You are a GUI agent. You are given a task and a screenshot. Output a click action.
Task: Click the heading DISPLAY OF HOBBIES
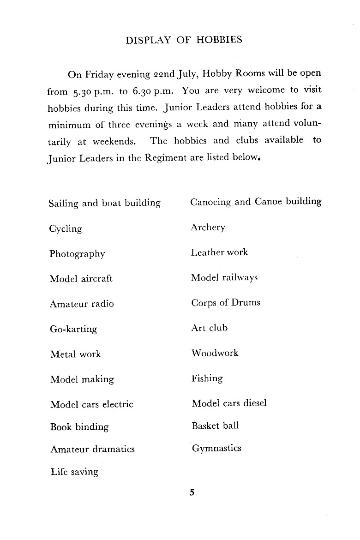pyautogui.click(x=184, y=40)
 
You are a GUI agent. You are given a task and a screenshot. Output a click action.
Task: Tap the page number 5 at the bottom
pyautogui.click(x=192, y=492)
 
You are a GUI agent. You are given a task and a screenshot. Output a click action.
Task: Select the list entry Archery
pyautogui.click(x=208, y=228)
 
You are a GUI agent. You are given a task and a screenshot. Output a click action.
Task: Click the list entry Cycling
pyautogui.click(x=66, y=229)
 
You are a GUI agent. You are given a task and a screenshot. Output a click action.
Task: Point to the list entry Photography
pyautogui.click(x=77, y=254)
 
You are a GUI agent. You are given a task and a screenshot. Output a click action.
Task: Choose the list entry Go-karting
pyautogui.click(x=73, y=330)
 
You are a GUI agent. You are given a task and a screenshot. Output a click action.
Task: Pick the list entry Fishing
pyautogui.click(x=207, y=378)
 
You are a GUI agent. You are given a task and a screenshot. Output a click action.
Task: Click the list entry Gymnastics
pyautogui.click(x=216, y=449)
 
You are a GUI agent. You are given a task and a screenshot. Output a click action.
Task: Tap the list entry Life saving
pyautogui.click(x=74, y=472)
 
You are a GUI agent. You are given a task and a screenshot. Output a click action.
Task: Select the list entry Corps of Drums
pyautogui.click(x=226, y=303)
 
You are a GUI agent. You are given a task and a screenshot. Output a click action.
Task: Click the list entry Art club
pyautogui.click(x=210, y=328)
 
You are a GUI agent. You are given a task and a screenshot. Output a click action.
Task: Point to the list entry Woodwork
pyautogui.click(x=215, y=353)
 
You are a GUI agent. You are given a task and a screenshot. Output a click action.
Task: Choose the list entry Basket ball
pyautogui.click(x=215, y=426)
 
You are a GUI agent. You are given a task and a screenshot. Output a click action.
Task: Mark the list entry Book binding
pyautogui.click(x=79, y=427)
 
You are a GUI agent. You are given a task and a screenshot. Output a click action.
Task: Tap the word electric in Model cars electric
pyautogui.click(x=118, y=404)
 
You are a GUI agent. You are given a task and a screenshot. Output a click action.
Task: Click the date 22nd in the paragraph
pyautogui.click(x=166, y=74)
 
